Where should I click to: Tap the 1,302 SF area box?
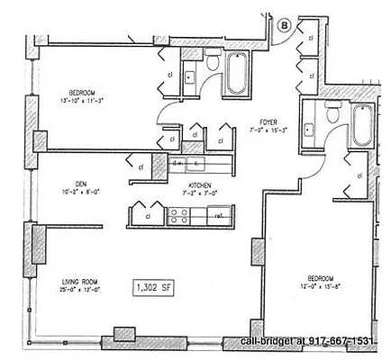tap(151, 287)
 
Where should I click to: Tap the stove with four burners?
tap(175, 216)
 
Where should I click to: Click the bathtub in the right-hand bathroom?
tap(361, 127)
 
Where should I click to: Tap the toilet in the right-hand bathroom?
tap(332, 112)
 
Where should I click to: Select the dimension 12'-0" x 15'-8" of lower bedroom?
tap(317, 288)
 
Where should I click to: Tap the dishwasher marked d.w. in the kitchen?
tap(179, 165)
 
